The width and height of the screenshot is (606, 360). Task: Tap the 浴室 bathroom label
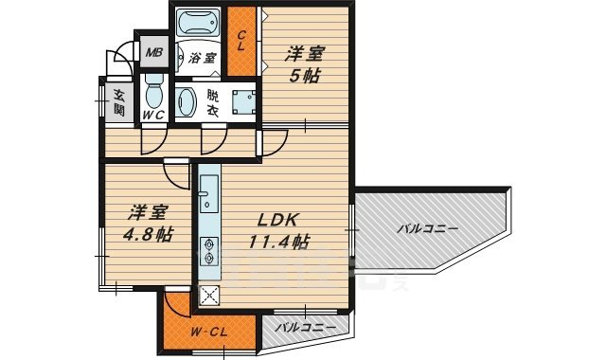202,58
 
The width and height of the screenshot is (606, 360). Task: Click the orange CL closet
242,41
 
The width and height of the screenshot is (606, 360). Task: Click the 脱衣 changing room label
213,102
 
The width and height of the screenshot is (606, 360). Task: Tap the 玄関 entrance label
119,100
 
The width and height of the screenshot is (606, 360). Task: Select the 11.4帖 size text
278,242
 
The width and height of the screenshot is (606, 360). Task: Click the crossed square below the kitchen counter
208,295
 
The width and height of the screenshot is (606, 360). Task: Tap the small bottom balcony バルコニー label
305,327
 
